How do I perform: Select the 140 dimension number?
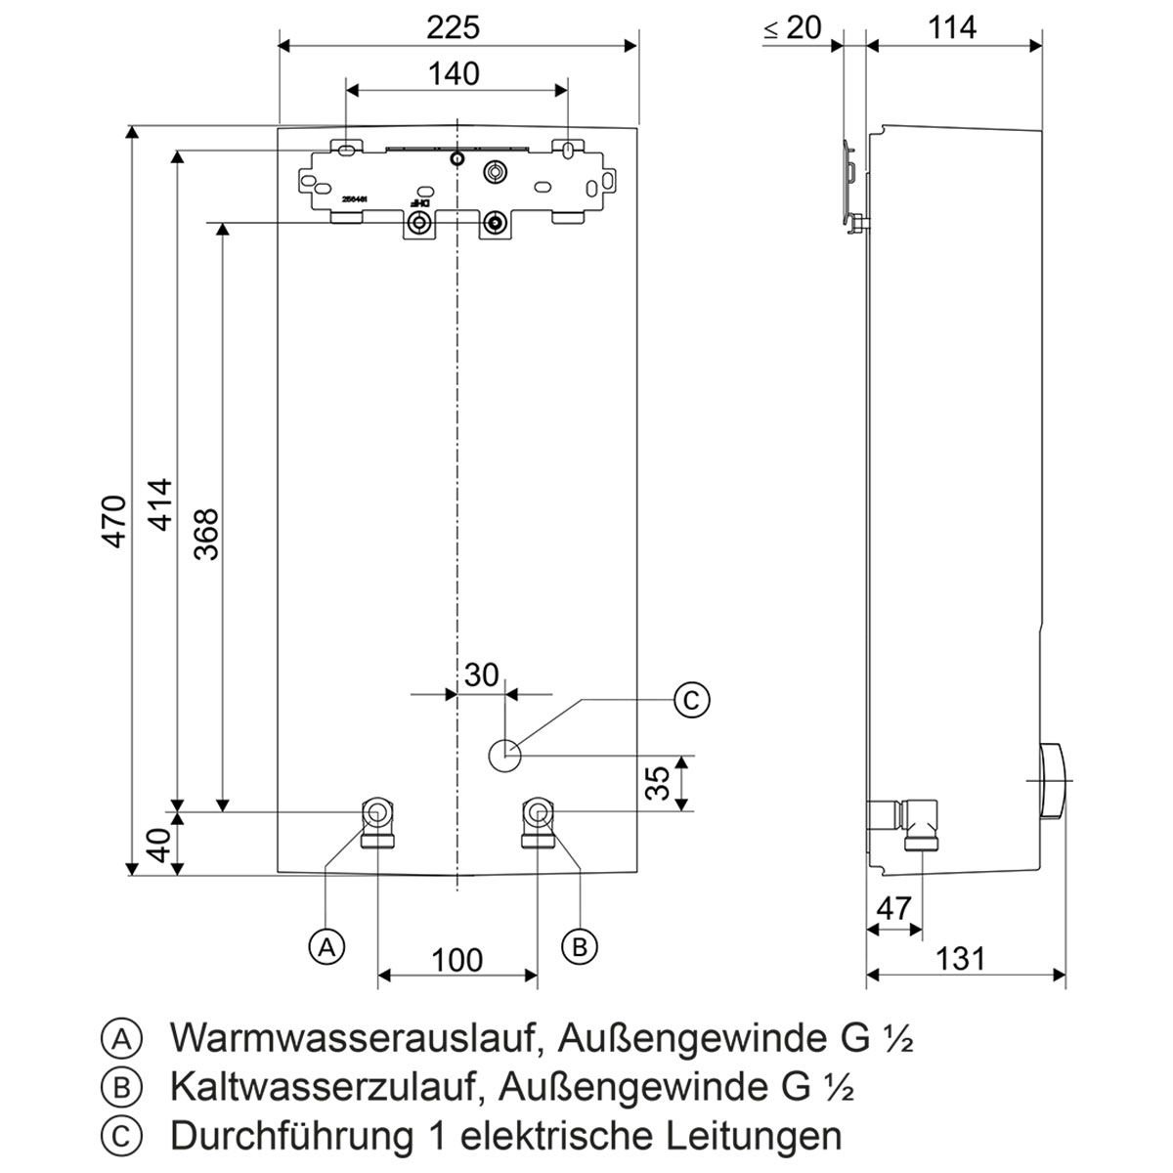(x=454, y=73)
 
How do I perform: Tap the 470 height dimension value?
(x=115, y=521)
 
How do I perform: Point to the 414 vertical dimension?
(x=160, y=503)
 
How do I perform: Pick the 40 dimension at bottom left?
(x=160, y=844)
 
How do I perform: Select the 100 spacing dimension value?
(x=457, y=960)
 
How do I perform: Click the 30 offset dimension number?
(x=481, y=675)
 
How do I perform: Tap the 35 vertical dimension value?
(x=661, y=783)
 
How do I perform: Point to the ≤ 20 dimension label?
(x=793, y=28)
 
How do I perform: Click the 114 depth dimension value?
(x=951, y=28)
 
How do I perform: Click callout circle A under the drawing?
(x=326, y=945)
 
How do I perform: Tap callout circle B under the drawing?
(x=580, y=945)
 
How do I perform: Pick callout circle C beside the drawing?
(x=691, y=700)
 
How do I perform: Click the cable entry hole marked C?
(x=504, y=754)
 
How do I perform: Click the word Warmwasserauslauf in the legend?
(x=352, y=1038)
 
